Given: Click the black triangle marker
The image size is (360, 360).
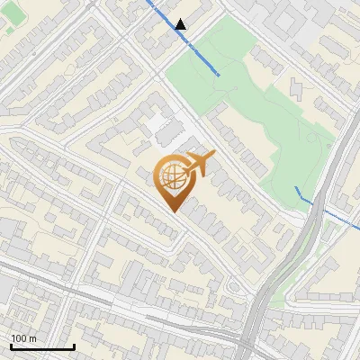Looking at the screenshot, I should (182, 24).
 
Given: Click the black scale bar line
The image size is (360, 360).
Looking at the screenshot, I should (42, 346).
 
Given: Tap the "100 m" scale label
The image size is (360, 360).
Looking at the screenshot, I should (24, 338).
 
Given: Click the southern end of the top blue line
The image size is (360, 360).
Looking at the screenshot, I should (218, 74).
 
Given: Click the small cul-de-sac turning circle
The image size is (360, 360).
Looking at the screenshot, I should (236, 287).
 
